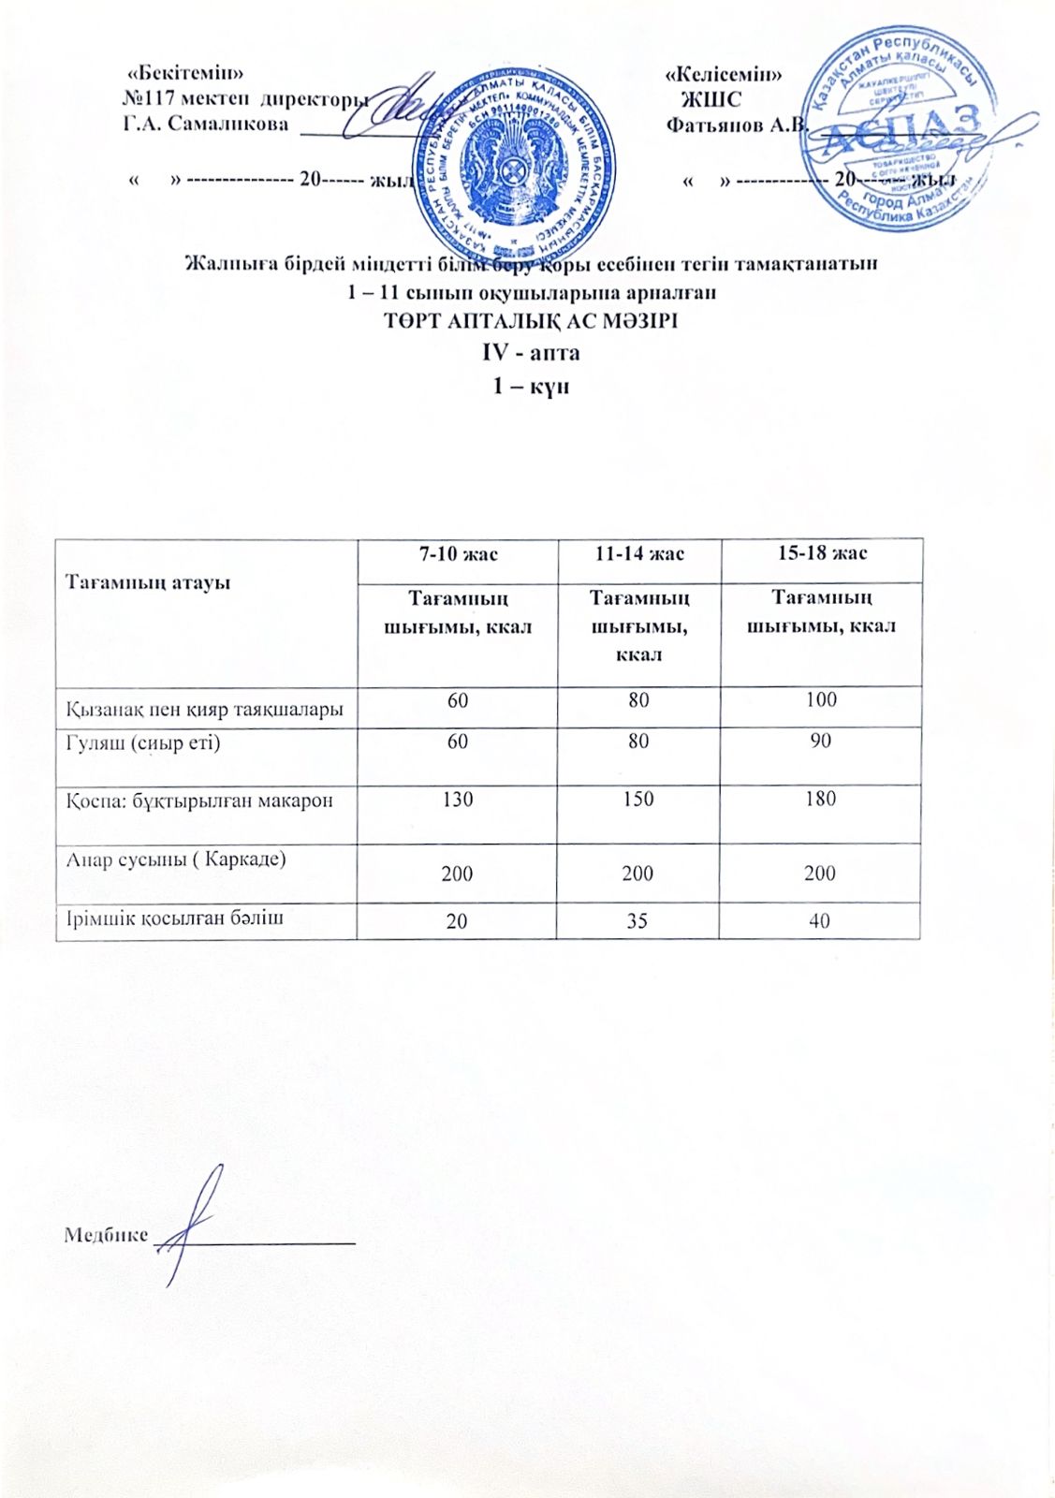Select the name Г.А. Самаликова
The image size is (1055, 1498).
[206, 124]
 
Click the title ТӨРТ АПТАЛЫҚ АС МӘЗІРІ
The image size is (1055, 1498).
[531, 321]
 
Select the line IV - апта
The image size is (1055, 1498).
[531, 353]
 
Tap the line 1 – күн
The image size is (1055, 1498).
[531, 386]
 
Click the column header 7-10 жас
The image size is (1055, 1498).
[458, 553]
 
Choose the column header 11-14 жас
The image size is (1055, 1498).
[639, 553]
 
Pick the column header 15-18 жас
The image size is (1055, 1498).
[822, 552]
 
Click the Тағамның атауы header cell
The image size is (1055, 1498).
[147, 582]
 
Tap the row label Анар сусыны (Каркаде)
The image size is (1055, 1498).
[175, 859]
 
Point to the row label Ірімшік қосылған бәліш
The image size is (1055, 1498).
[174, 918]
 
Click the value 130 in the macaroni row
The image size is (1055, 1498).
[458, 800]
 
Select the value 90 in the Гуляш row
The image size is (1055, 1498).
[821, 741]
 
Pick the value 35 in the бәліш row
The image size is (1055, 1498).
[637, 920]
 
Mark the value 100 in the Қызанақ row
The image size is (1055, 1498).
[821, 699]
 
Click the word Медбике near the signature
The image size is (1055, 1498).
[105, 1234]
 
